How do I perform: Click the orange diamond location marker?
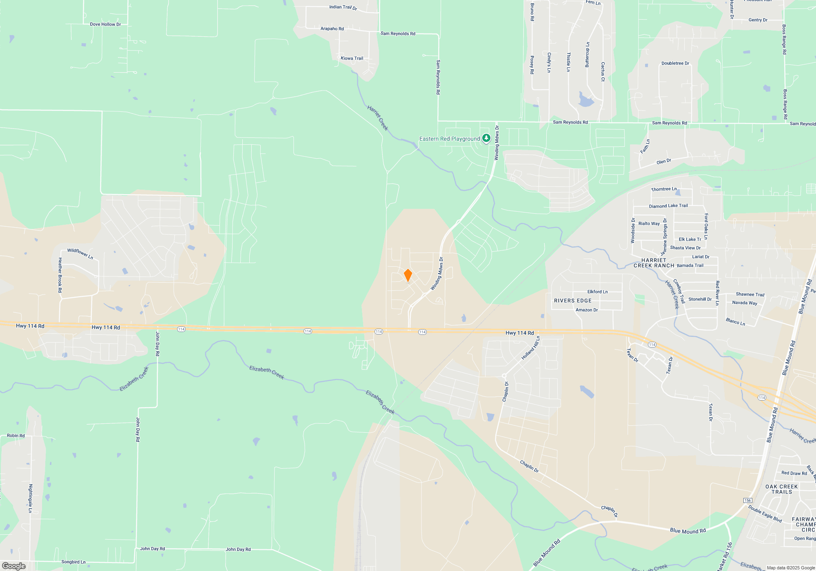point(408,275)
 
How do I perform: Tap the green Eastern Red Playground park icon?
point(486,138)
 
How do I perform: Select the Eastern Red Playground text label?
point(450,139)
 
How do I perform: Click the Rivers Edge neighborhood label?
point(572,301)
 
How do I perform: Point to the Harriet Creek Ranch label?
point(654,263)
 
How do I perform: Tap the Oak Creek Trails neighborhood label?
point(781,489)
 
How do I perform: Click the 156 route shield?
point(747,500)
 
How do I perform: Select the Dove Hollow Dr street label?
point(105,24)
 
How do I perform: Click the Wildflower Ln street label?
point(80,254)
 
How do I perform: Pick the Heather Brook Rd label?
point(60,275)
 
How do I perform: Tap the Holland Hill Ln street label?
point(530,348)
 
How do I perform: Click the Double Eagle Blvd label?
point(765,514)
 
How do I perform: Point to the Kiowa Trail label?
point(352,58)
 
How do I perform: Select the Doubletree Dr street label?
point(675,63)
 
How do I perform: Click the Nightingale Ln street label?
point(30,498)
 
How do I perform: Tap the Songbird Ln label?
point(73,562)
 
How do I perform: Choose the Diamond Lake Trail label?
point(668,206)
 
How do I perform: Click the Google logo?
point(14,566)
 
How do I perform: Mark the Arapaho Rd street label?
point(332,29)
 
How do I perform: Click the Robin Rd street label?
point(16,436)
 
